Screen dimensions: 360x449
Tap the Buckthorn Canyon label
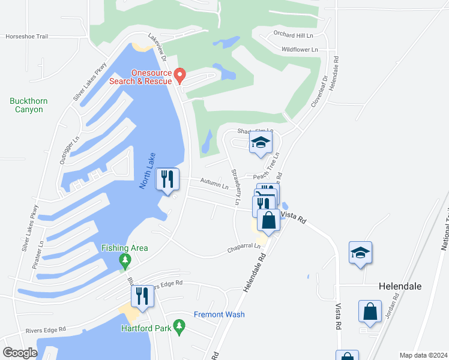click(29, 105)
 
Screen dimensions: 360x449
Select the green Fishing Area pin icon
click(125, 260)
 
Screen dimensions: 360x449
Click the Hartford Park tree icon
click(178, 326)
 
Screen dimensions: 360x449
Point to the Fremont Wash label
click(219, 314)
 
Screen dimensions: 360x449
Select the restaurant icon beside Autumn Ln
click(167, 179)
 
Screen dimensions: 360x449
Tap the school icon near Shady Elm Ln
click(261, 143)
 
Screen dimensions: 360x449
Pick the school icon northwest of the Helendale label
click(360, 253)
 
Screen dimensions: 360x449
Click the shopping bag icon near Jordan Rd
click(370, 311)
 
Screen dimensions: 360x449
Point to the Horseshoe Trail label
click(26, 36)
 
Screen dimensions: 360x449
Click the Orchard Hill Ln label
click(294, 34)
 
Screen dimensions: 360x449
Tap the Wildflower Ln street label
click(300, 49)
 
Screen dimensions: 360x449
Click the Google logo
click(20, 353)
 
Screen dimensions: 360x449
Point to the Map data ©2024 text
click(423, 355)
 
